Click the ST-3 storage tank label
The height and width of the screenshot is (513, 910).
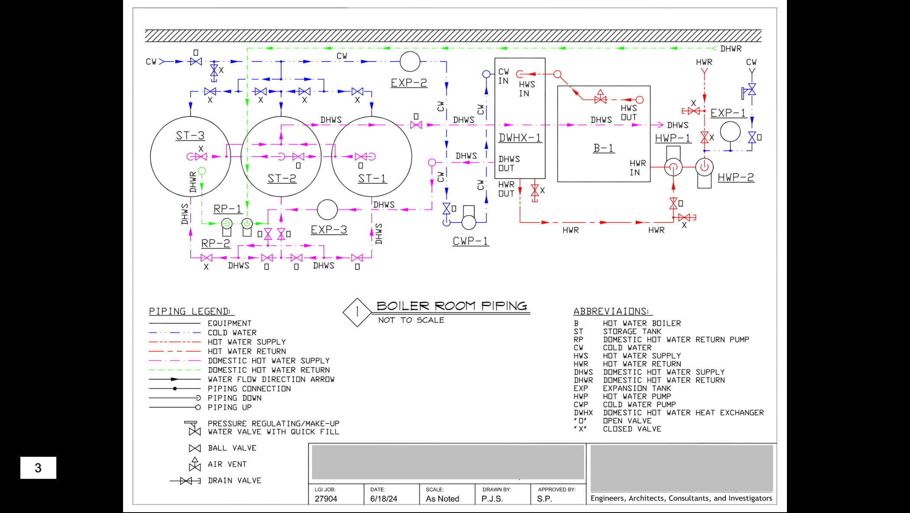190,136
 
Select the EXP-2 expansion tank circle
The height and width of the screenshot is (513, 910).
409,61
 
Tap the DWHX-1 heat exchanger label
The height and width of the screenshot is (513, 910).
520,138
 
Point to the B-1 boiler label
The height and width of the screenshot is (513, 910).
603,148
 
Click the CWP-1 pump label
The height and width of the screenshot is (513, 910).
471,241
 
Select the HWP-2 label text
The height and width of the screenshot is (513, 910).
735,177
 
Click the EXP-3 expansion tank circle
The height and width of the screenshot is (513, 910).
327,210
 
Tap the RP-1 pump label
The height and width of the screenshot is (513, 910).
227,209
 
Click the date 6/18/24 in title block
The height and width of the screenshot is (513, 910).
383,499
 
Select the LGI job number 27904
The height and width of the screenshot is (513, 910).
326,499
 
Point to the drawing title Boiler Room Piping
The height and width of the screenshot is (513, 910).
452,306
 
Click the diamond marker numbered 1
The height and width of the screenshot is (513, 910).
357,312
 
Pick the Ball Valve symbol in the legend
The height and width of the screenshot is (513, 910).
195,448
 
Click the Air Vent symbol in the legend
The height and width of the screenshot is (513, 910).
195,465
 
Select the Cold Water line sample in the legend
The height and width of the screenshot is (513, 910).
175,332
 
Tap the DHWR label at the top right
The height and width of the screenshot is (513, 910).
731,49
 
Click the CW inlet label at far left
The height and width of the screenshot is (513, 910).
151,62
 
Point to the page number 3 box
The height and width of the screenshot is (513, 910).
38,468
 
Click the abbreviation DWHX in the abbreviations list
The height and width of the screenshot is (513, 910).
583,413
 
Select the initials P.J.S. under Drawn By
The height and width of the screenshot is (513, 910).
492,499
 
